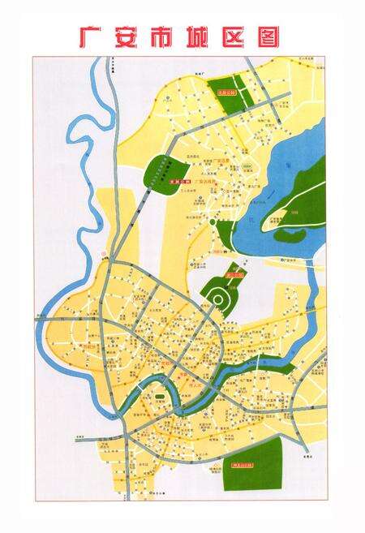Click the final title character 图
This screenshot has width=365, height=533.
pyautogui.click(x=276, y=37)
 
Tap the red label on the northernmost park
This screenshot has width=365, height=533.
pyautogui.click(x=227, y=93)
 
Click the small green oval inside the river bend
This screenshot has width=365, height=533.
pyautogui.click(x=160, y=395)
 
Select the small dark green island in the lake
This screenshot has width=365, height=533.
pyautogui.click(x=286, y=236)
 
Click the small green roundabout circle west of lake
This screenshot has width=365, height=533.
pyautogui.click(x=212, y=221)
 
